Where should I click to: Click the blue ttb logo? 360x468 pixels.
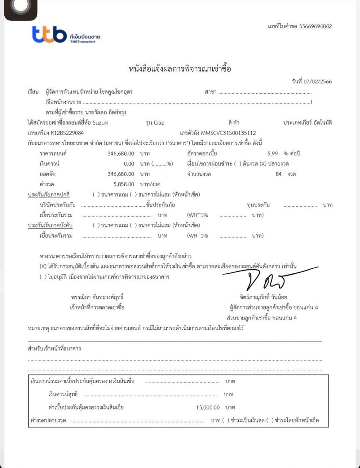pyautogui.click(x=49, y=34)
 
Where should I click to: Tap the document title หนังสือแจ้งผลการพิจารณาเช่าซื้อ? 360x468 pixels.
pyautogui.click(x=180, y=69)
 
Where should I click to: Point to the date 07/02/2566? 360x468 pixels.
pyautogui.click(x=318, y=82)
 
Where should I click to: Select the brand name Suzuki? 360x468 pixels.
pyautogui.click(x=101, y=123)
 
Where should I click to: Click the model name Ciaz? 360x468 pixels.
pyautogui.click(x=159, y=123)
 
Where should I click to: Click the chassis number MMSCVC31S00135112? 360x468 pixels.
pyautogui.click(x=228, y=133)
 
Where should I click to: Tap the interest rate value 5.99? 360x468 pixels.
pyautogui.click(x=273, y=154)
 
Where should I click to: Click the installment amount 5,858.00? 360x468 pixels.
pyautogui.click(x=124, y=184)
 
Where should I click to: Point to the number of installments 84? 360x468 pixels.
pyautogui.click(x=278, y=174)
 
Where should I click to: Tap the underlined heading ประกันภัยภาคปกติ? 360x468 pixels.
pyautogui.click(x=49, y=195)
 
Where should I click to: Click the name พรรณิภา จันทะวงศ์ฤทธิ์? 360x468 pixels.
pyautogui.click(x=97, y=297)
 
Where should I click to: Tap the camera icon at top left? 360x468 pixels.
pyautogui.click(x=21, y=8)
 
